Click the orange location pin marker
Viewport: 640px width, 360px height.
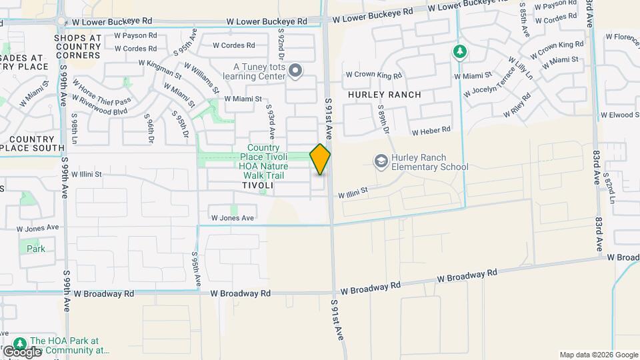[x=321, y=159]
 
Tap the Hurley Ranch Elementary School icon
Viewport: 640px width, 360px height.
[x=381, y=160]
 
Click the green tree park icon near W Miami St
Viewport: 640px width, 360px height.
[x=459, y=51]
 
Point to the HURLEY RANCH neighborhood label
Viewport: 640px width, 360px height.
[x=385, y=95]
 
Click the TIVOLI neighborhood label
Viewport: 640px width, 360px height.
[x=257, y=185]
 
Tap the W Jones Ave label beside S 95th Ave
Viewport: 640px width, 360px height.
[x=233, y=218]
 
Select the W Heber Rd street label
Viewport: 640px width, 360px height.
[x=431, y=130]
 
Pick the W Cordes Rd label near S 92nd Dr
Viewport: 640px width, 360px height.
[x=233, y=45]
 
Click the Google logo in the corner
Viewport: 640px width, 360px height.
[x=22, y=351]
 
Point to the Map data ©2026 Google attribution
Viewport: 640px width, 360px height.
[x=599, y=355]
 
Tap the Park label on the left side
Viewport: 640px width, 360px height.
[x=36, y=249]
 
